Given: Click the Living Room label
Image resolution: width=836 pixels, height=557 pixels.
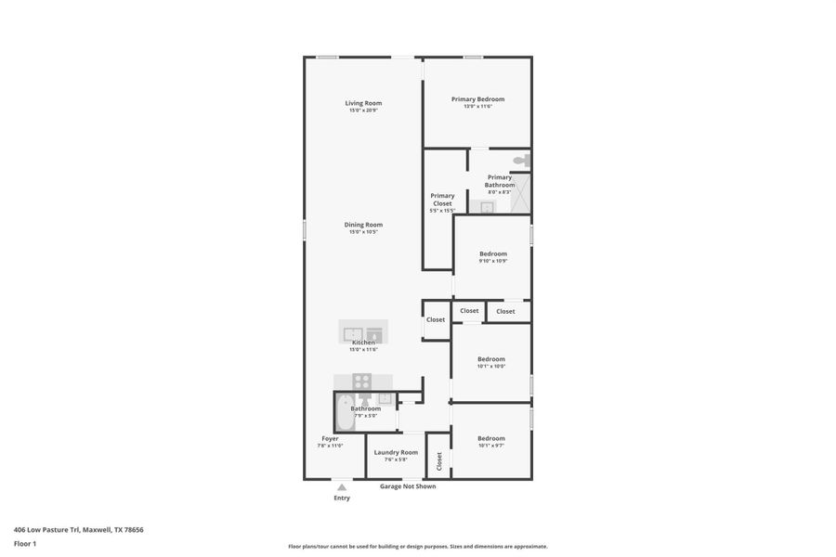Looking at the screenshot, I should click(363, 103).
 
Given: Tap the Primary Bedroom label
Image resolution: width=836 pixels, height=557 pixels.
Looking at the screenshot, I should click(477, 99).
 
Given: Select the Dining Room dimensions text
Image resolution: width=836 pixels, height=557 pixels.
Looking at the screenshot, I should click(363, 232).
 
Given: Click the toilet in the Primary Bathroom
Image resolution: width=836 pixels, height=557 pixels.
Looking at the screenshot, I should click(520, 161).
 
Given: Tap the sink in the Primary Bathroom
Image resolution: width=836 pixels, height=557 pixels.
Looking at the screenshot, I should click(487, 207).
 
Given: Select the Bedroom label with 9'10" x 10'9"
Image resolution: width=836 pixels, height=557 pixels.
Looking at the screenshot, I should click(493, 253).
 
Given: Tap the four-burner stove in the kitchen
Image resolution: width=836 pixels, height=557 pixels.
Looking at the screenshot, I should click(362, 381).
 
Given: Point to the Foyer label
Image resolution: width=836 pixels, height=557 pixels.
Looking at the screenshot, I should click(330, 438).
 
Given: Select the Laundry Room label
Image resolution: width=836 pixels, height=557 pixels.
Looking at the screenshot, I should click(396, 452).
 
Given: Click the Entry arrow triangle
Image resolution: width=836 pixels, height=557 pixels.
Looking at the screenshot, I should click(342, 486).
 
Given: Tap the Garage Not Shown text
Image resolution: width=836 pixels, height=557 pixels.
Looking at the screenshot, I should click(407, 486).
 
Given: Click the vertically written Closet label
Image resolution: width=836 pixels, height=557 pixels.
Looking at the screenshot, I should click(439, 460).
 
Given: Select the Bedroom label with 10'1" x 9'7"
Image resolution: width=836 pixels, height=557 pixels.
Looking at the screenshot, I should click(491, 438).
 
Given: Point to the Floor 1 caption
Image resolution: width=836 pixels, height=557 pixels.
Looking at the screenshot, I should click(25, 543).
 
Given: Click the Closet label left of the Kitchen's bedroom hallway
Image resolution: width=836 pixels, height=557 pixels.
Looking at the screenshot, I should click(436, 319).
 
